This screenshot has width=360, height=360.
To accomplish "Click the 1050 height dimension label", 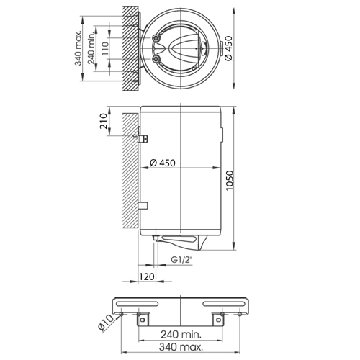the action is pyautogui.click(x=230, y=181).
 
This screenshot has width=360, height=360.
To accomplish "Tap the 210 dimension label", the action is pyautogui.click(x=104, y=121).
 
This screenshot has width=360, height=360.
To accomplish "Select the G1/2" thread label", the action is pyautogui.click(x=182, y=260).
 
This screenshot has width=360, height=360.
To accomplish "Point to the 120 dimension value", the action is pyautogui.click(x=147, y=276).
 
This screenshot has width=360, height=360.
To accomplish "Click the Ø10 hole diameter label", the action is pyautogui.click(x=106, y=323).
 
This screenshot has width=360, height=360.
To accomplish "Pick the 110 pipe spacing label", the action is pyautogui.click(x=105, y=48).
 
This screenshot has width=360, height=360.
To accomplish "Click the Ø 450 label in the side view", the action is pyautogui.click(x=163, y=163).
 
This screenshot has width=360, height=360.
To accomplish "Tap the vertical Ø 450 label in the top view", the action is pyautogui.click(x=228, y=48).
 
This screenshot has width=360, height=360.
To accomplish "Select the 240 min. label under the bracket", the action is pyautogui.click(x=181, y=334).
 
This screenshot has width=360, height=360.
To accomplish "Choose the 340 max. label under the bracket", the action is pyautogui.click(x=181, y=347).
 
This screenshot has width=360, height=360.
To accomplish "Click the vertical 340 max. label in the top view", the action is pyautogui.click(x=78, y=48).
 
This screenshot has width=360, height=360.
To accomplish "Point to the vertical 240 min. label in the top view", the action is pyautogui.click(x=91, y=49).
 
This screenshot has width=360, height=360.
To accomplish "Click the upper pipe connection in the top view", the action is pyautogui.click(x=156, y=38).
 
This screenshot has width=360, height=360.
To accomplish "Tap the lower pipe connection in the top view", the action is pyautogui.click(x=156, y=58).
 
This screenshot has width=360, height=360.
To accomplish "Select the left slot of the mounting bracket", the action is pyautogui.click(x=138, y=304).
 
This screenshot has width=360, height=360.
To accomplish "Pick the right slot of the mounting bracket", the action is pyautogui.click(x=224, y=304).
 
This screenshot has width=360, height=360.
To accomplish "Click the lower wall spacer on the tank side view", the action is pyautogui.click(x=143, y=206).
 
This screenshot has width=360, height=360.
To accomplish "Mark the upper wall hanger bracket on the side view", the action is pyautogui.click(x=141, y=136).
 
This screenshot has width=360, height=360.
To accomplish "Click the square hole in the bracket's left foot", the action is pyautogui.click(x=143, y=320).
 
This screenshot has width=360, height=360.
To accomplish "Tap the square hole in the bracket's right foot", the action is pyautogui.click(x=218, y=320).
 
